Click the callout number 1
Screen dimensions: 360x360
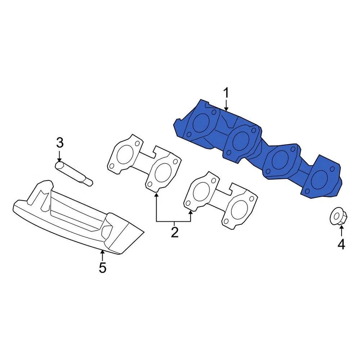[226, 93]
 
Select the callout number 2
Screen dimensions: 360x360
[174, 232]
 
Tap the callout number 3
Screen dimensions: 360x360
[60, 142]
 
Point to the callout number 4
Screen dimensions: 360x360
[341, 244]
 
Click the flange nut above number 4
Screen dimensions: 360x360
[338, 217]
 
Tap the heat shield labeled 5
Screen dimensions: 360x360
[79, 217]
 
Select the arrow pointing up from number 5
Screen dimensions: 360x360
[102, 255]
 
